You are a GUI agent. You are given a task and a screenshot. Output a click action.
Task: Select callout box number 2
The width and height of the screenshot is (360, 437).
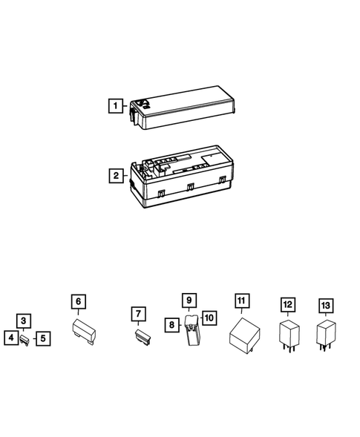click(x=114, y=176)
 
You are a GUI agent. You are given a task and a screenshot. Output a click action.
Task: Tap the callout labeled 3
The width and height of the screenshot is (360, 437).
click(x=24, y=321)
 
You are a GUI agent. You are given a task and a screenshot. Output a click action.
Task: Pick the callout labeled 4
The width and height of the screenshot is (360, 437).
click(x=10, y=338)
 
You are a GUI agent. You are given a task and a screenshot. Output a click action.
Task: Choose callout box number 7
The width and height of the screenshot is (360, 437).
click(x=137, y=315)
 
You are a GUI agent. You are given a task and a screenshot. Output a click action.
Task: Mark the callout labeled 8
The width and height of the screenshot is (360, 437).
click(x=172, y=324)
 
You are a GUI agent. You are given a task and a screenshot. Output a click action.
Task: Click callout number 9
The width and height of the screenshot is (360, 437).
click(x=189, y=300)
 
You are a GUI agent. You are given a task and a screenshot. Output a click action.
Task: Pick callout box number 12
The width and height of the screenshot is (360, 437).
click(x=287, y=305)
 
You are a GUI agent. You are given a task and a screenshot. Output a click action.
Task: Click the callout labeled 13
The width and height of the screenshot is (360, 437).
click(x=324, y=305)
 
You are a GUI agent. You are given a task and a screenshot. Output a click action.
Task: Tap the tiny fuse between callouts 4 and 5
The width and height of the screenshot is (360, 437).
click(x=26, y=340)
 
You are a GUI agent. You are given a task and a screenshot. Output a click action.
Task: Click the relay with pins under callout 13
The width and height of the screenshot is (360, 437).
click(x=324, y=333)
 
